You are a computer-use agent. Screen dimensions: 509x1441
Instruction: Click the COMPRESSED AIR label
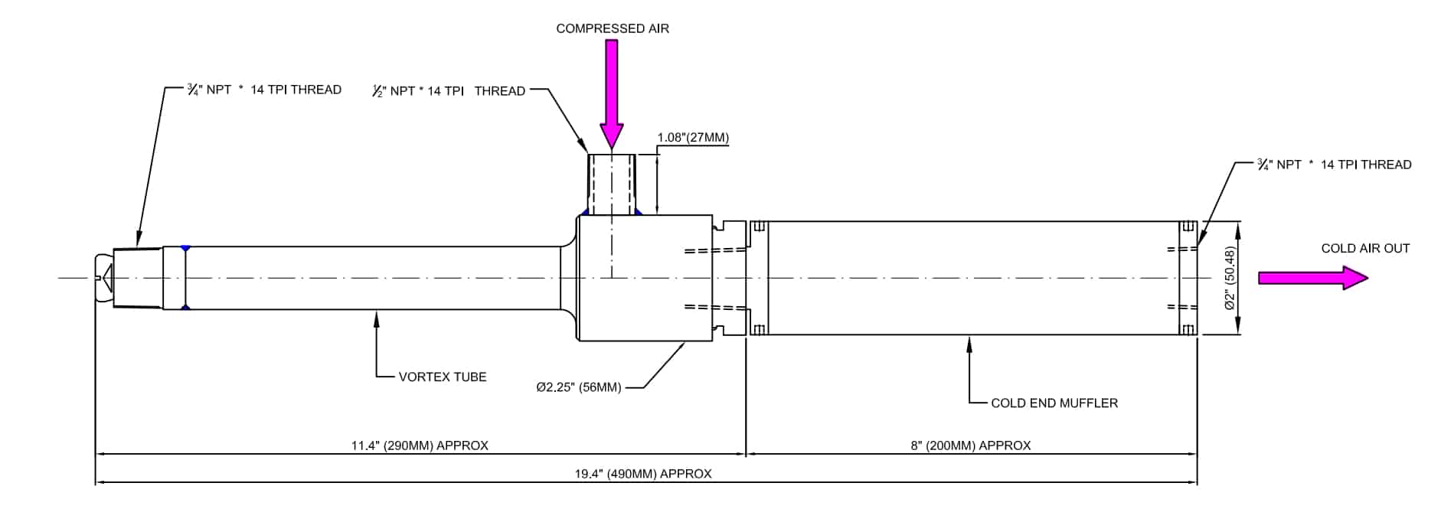pyautogui.click(x=612, y=29)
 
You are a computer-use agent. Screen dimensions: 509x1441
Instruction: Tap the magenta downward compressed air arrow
pyautogui.click(x=611, y=92)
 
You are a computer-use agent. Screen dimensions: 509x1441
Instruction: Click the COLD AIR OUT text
pyautogui.click(x=1364, y=249)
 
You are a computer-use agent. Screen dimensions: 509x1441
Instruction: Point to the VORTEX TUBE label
pyautogui.click(x=442, y=377)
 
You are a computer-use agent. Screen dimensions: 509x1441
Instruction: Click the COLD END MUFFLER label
pyautogui.click(x=1054, y=403)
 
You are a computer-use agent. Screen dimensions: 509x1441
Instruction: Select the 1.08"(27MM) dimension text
pyautogui.click(x=692, y=139)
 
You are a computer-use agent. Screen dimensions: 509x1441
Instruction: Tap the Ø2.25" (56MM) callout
pyautogui.click(x=578, y=387)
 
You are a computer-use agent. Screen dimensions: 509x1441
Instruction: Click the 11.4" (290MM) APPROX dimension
pyautogui.click(x=420, y=445)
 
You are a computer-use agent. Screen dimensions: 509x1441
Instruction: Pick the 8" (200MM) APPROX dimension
pyautogui.click(x=970, y=445)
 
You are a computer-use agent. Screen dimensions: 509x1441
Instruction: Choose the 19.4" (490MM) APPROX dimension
pyautogui.click(x=643, y=474)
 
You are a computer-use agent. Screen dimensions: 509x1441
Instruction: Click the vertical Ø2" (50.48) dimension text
pyautogui.click(x=1230, y=278)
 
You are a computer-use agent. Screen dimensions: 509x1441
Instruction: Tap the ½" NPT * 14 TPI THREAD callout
pyautogui.click(x=449, y=91)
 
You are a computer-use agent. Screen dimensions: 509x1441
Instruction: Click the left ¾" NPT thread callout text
pyautogui.click(x=263, y=90)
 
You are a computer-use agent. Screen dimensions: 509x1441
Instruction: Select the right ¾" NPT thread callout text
pyautogui.click(x=1334, y=165)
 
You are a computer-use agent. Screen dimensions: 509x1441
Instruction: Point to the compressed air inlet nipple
pyautogui.click(x=611, y=184)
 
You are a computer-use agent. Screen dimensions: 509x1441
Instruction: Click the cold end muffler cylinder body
pyautogui.click(x=972, y=278)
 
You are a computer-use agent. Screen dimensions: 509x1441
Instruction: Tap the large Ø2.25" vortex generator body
pyautogui.click(x=645, y=278)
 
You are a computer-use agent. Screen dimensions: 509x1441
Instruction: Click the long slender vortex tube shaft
pyautogui.click(x=375, y=278)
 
